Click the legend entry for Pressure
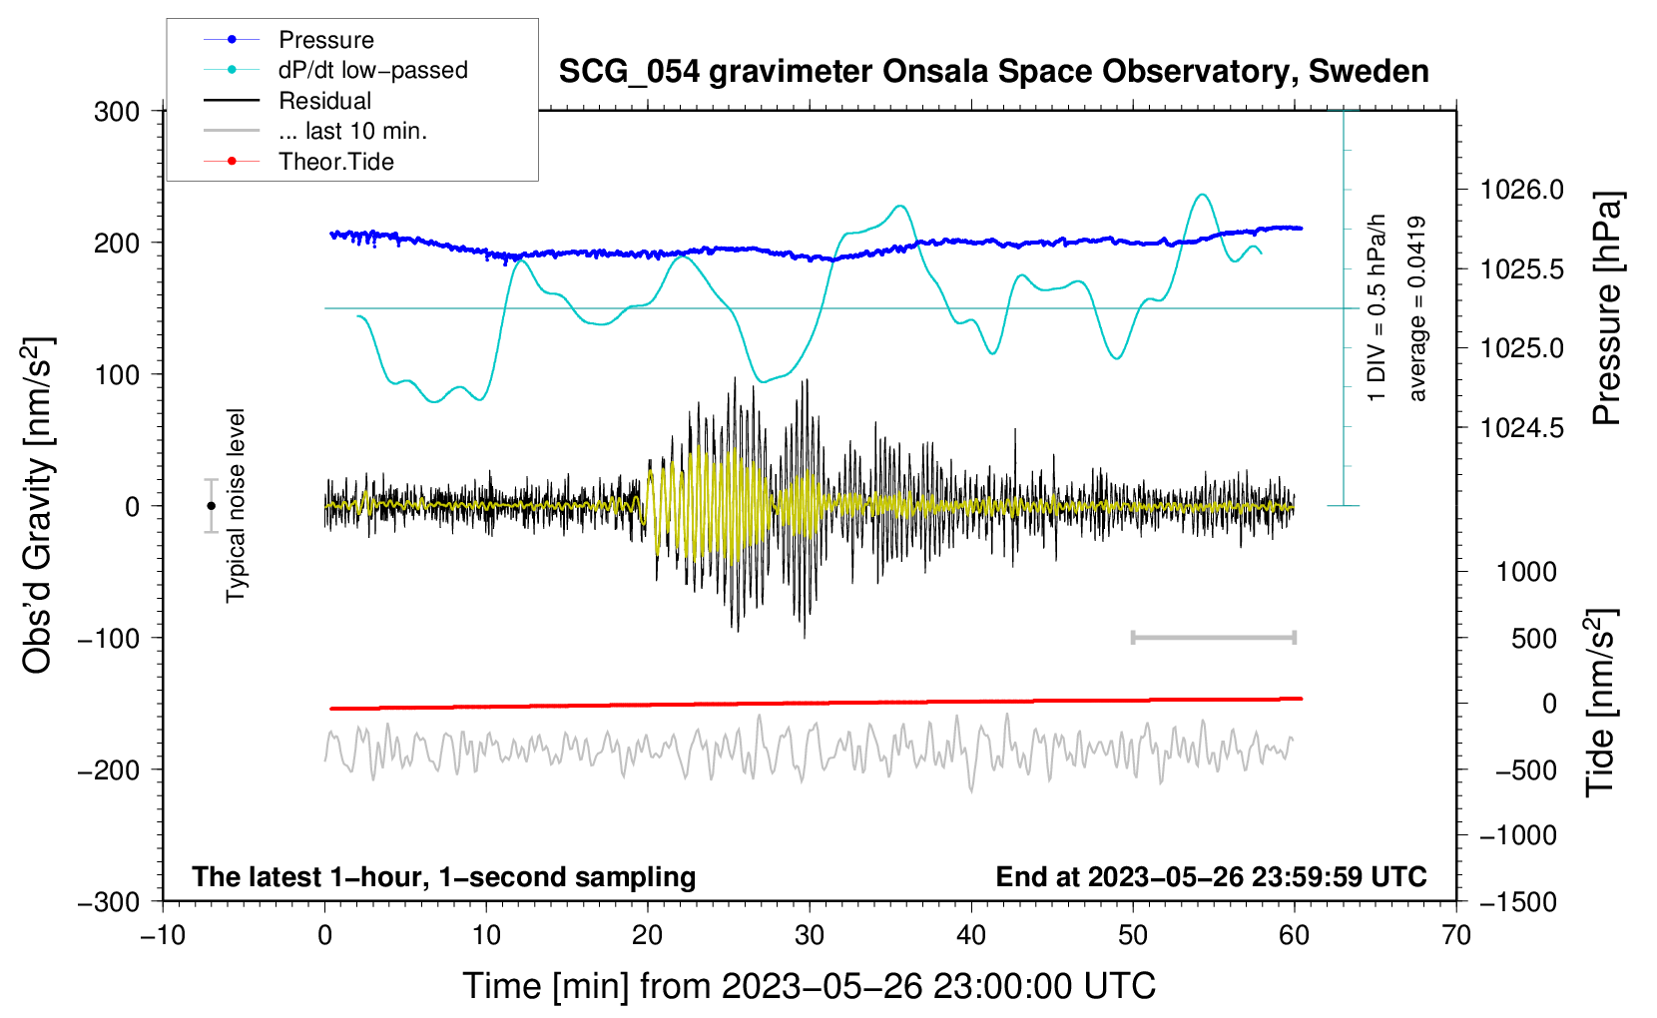(325, 40)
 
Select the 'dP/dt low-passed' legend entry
(372, 70)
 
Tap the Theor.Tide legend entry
(335, 162)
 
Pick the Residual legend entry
(324, 101)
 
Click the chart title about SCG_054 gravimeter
(993, 72)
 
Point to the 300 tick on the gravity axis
(117, 112)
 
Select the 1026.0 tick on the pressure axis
(1521, 190)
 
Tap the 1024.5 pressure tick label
(1521, 428)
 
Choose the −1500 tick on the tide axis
(1517, 901)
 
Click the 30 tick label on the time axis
(810, 935)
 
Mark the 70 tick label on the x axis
(1456, 935)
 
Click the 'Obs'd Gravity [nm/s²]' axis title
(37, 505)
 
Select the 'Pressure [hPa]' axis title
(1605, 308)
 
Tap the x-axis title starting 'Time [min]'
(809, 986)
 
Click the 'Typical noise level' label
(236, 505)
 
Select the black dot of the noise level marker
(211, 506)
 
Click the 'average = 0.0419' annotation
(1417, 308)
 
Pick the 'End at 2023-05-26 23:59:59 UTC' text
(1211, 876)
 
